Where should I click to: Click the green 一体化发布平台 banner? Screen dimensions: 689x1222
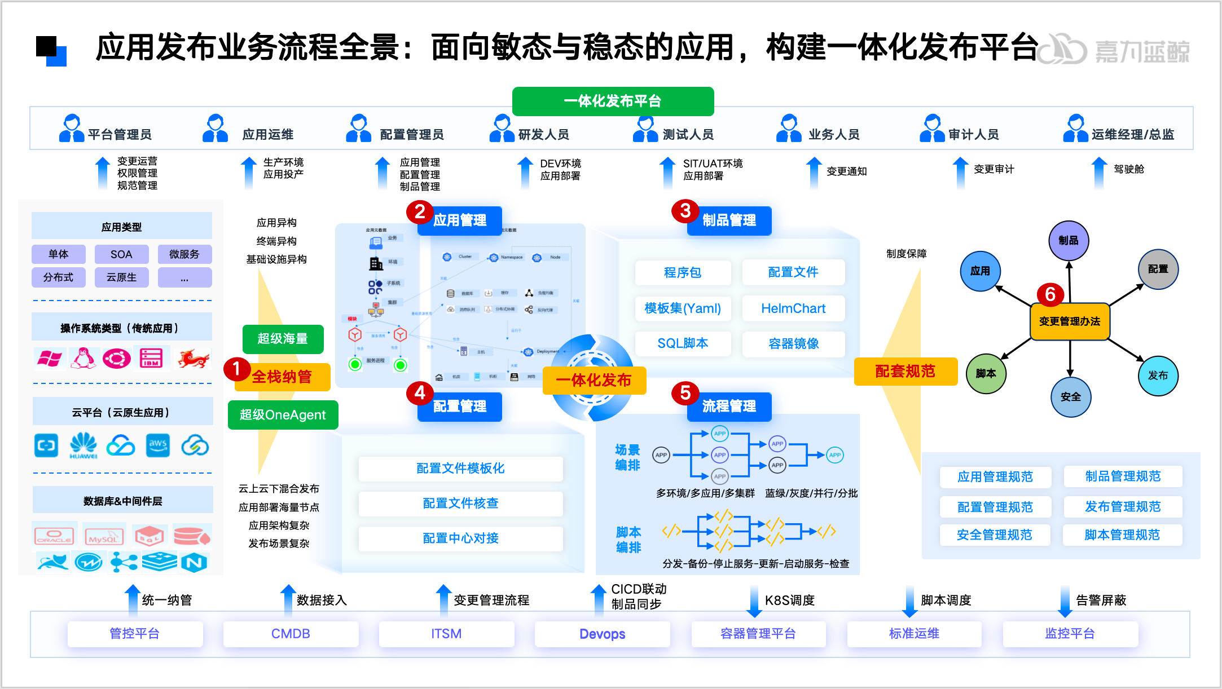click(613, 101)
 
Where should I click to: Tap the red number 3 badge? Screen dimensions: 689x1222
click(685, 211)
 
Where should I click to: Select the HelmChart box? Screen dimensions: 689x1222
click(793, 308)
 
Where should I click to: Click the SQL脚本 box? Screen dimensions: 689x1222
click(683, 343)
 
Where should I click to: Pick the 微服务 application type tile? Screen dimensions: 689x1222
click(184, 254)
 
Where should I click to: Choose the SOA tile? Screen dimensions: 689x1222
click(121, 254)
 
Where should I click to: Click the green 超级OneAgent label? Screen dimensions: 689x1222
click(283, 415)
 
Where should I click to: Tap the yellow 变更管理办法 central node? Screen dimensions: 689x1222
click(1070, 321)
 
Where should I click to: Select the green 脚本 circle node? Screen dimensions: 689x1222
click(986, 373)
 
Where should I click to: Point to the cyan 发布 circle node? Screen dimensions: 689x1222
click(1158, 376)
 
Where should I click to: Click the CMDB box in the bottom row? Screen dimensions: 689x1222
click(291, 634)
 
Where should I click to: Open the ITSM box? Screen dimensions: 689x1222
click(446, 634)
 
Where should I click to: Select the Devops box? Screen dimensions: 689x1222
click(602, 634)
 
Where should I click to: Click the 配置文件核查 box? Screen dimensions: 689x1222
click(460, 503)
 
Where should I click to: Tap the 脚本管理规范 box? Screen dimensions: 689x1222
click(1122, 535)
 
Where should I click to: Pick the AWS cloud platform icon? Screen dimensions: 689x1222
click(157, 445)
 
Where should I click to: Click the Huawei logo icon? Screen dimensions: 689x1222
click(83, 445)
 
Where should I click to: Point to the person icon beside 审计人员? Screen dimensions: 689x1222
click(931, 129)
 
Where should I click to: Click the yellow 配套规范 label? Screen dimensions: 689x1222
click(905, 372)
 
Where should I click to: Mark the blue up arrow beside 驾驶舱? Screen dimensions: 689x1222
click(1099, 172)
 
